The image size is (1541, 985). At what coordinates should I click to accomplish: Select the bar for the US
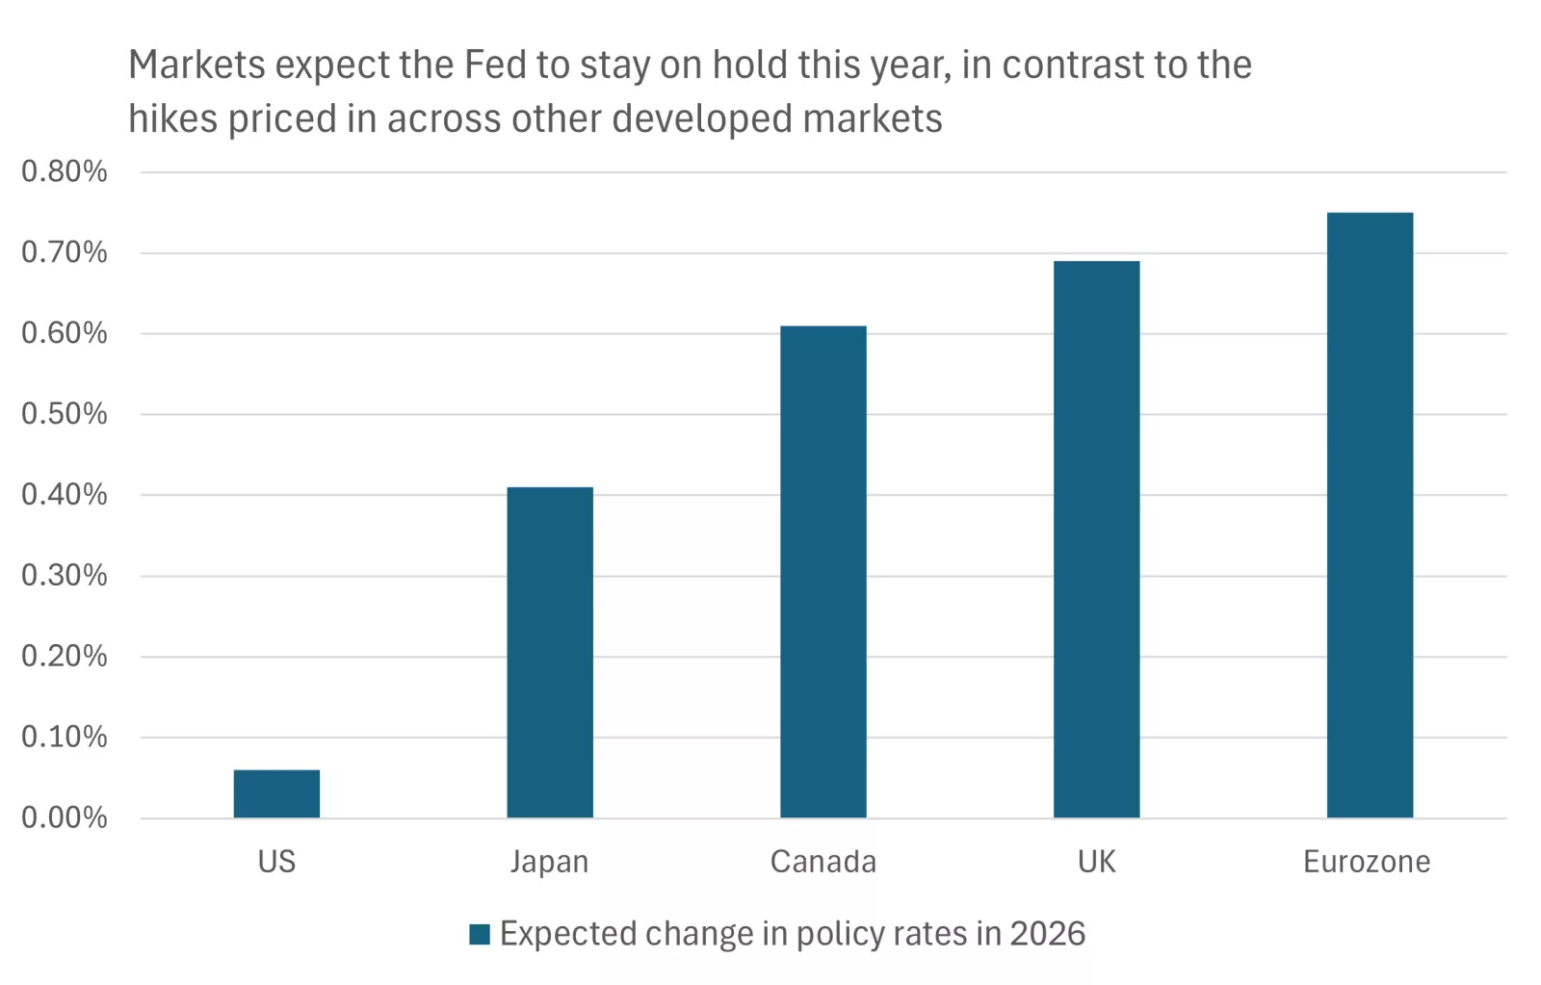coord(276,793)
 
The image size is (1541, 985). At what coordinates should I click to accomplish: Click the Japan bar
coord(550,653)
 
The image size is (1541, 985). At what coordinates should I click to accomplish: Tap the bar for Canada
coord(823,572)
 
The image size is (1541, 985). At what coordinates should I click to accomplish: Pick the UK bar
coord(1096,539)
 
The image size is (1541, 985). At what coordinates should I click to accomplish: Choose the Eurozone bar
coord(1370,515)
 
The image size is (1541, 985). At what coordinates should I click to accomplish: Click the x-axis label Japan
coord(549,862)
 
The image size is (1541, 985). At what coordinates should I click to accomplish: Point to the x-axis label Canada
coord(823,861)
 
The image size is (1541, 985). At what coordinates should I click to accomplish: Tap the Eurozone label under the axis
coord(1367,861)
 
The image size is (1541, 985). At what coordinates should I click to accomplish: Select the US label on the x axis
coord(276,861)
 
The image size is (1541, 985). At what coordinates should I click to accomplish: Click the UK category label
coord(1096,861)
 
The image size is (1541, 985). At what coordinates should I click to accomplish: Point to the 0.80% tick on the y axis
coord(65,171)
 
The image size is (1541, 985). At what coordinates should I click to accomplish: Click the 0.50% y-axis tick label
coord(65,414)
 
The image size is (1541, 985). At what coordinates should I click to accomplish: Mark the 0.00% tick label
coord(65,817)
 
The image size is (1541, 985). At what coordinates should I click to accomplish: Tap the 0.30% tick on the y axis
coord(65,575)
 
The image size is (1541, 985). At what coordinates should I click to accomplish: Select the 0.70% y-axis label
coord(65,252)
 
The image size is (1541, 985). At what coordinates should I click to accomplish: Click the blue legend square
coord(480,934)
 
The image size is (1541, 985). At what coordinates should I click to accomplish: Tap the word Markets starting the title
coord(196,65)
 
